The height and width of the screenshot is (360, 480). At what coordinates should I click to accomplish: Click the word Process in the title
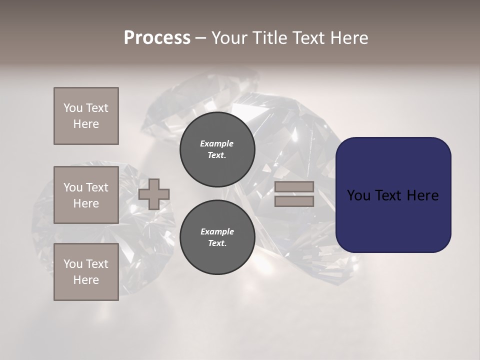157,38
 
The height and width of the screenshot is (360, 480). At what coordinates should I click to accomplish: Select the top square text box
86,116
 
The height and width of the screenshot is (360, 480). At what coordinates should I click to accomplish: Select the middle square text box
86,195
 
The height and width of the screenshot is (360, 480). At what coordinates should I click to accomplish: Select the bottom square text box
86,272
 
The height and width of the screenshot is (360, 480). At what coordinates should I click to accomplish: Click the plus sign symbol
154,194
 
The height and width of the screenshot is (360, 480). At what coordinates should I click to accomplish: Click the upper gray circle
217,149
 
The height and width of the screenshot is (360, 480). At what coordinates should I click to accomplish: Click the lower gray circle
217,237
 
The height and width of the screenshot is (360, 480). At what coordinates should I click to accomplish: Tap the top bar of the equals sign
294,186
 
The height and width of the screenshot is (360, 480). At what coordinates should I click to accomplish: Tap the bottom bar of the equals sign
294,201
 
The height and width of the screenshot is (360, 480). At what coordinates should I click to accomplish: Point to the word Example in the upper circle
217,143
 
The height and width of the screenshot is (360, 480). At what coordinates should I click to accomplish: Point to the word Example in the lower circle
217,231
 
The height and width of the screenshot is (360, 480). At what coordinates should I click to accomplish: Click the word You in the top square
72,108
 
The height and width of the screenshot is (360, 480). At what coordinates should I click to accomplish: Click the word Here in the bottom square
86,280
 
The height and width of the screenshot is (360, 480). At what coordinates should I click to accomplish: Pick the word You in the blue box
358,195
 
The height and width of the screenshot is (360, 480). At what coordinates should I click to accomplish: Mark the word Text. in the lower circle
217,243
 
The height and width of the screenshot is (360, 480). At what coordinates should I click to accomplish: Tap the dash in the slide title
201,38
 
